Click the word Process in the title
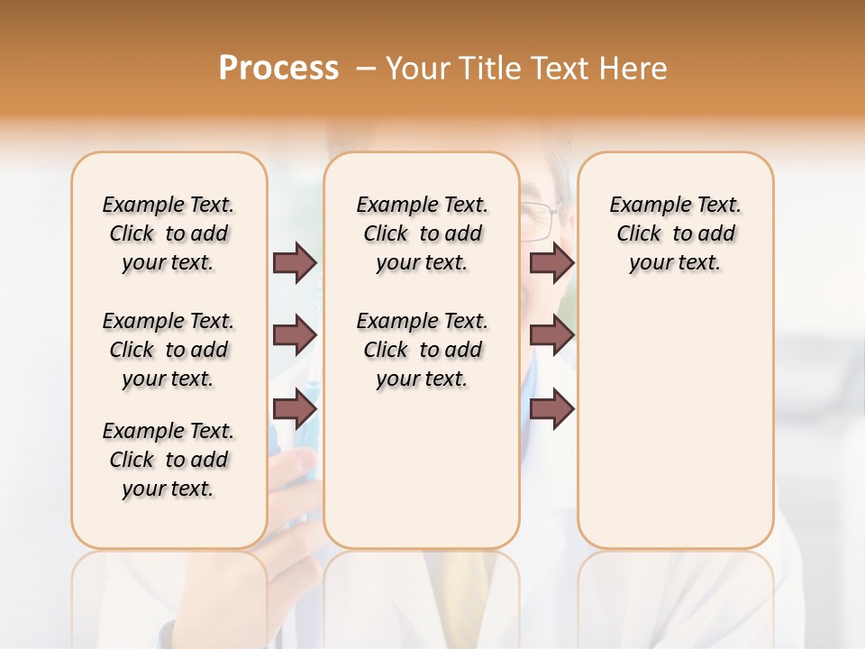click(278, 69)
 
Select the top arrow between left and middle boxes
click(295, 263)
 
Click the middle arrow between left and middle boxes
click(295, 336)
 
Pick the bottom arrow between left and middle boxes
click(295, 409)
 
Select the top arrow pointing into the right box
click(551, 263)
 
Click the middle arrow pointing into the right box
click(551, 336)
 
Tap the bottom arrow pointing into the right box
click(551, 409)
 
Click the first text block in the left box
click(168, 233)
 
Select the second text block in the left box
click(168, 350)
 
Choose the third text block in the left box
click(168, 460)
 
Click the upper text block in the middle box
click(422, 233)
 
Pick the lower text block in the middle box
click(422, 350)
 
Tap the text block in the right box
click(675, 233)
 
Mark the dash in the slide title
click(367, 69)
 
